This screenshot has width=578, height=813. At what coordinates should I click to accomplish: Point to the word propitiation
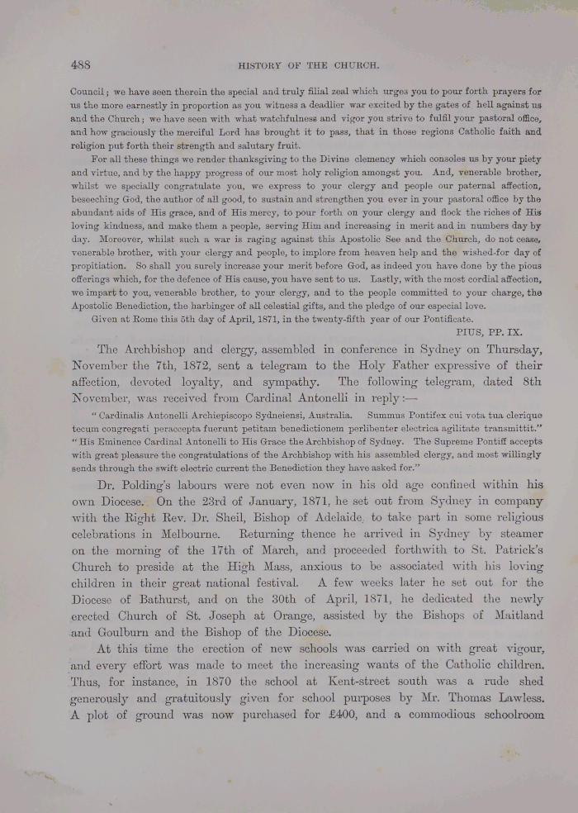97,266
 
